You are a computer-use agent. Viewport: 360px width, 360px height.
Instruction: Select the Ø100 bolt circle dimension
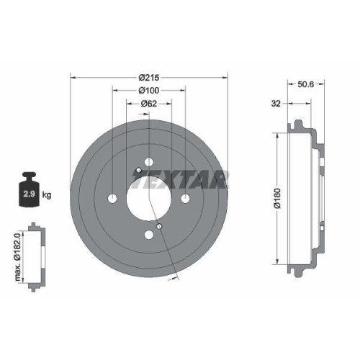[x=149, y=90]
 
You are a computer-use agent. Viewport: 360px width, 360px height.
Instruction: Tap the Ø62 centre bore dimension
[x=149, y=104]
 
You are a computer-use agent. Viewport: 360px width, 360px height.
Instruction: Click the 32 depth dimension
[x=274, y=104]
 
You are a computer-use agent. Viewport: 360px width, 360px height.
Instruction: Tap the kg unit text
[x=47, y=195]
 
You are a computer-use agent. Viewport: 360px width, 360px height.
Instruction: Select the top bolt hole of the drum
[x=149, y=162]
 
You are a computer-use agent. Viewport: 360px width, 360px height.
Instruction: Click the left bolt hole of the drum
[x=113, y=198]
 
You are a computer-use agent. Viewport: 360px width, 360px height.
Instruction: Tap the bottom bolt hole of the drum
[x=149, y=234]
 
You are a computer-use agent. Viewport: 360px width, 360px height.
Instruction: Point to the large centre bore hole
[x=149, y=198]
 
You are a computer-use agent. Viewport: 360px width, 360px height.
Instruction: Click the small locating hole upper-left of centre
[x=138, y=170]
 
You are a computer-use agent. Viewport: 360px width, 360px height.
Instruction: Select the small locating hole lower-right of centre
[x=160, y=226]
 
